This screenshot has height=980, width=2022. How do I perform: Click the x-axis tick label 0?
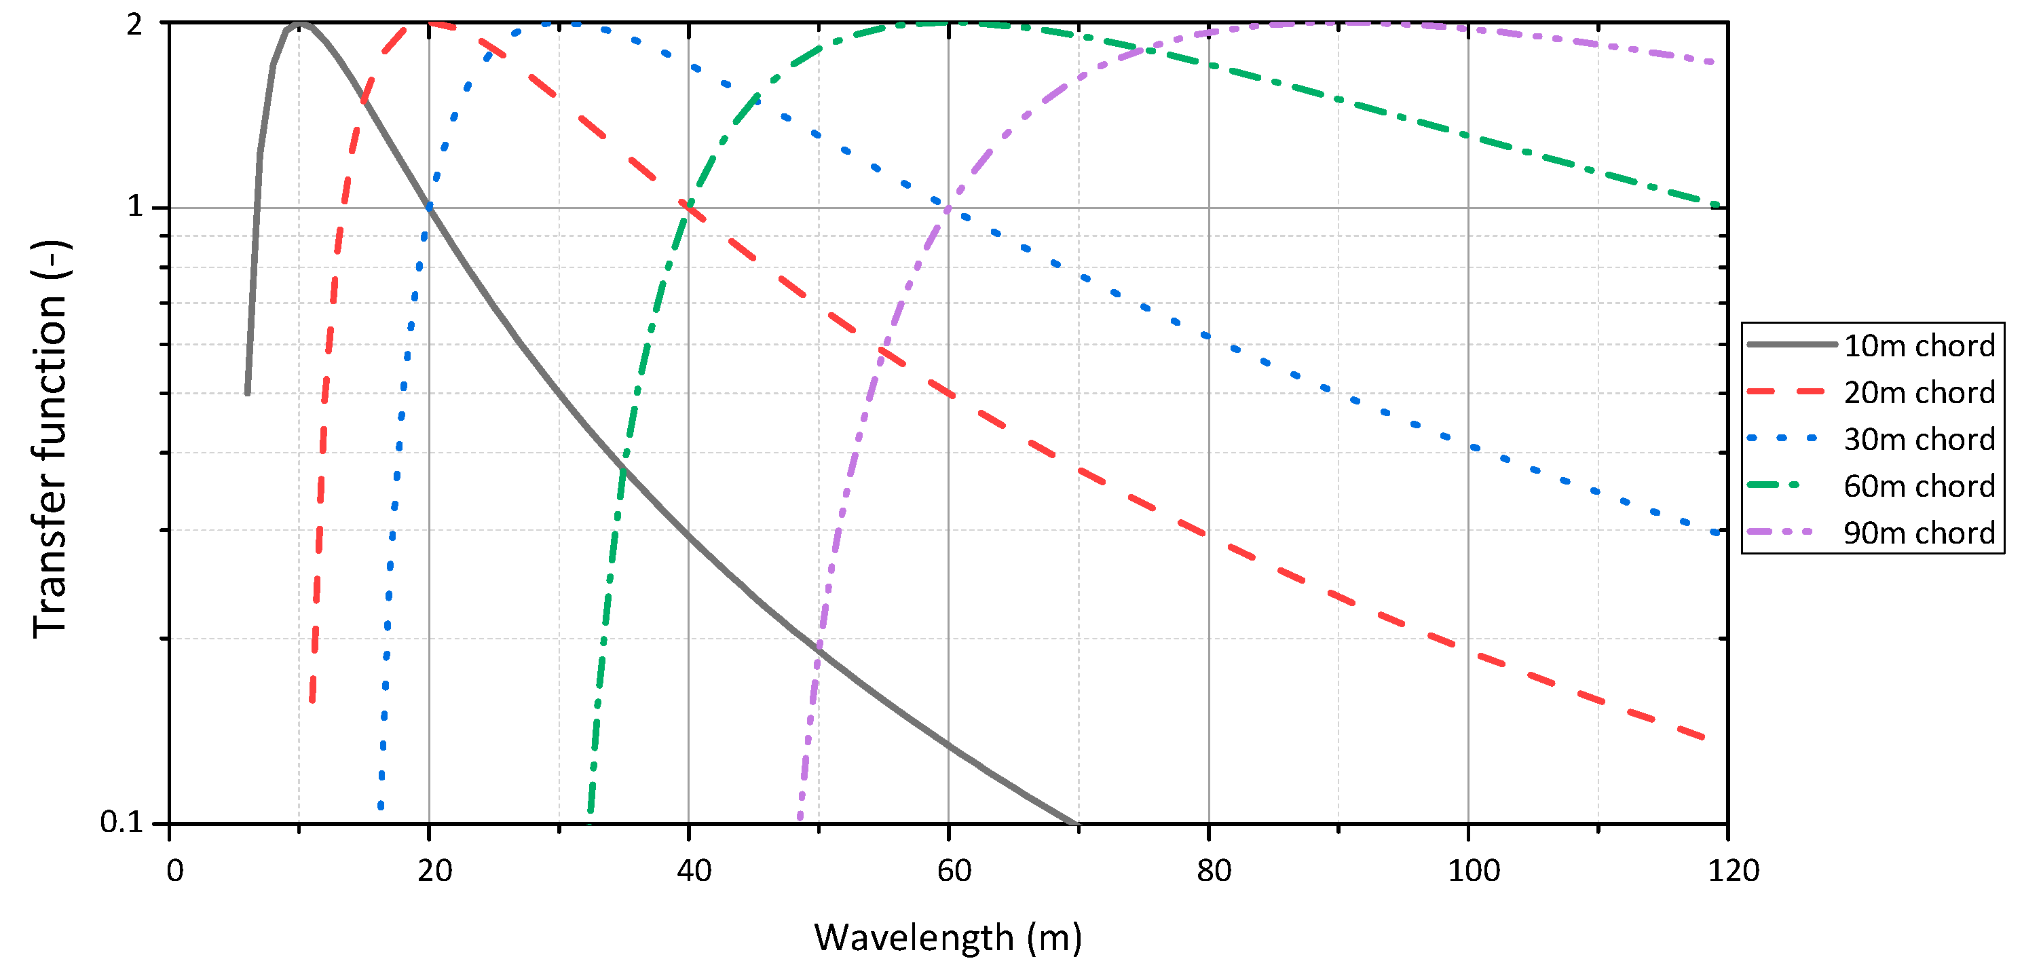coord(174,870)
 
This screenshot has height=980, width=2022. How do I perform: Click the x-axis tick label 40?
coord(694,870)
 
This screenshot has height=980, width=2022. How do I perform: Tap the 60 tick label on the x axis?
coord(954,870)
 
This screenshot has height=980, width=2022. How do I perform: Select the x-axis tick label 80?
coord(1214,870)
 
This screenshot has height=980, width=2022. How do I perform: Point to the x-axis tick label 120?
coord(1733,870)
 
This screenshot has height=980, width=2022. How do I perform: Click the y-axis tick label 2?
coord(135,24)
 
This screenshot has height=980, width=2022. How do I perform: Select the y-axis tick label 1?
coord(135,206)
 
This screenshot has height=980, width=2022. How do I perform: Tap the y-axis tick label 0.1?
coord(121,821)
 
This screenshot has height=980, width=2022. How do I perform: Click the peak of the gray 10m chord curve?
coord(299,24)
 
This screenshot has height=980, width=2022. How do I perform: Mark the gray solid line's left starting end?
coord(247,392)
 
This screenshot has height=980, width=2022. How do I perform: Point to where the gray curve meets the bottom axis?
coord(1075,823)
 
